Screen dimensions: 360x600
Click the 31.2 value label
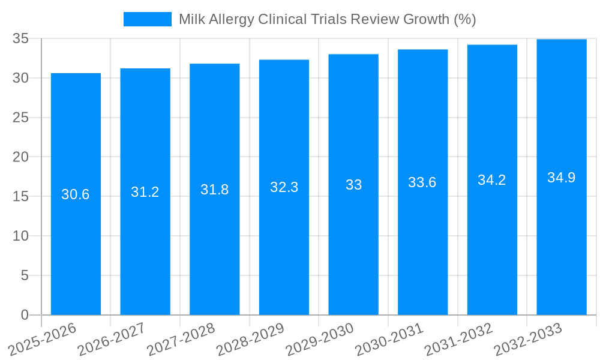(x=145, y=192)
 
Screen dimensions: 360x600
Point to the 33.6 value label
(x=422, y=182)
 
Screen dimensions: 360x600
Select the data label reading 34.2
(x=492, y=180)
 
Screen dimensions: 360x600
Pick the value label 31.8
(x=215, y=190)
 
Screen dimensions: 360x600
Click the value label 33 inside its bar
(x=353, y=185)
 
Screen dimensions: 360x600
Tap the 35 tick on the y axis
(x=21, y=38)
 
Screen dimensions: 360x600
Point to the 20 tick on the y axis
(x=21, y=157)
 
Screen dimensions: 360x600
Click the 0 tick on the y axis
(x=25, y=315)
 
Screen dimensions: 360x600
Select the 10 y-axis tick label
(x=21, y=236)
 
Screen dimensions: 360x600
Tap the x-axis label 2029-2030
(x=320, y=339)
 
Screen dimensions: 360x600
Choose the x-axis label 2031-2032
(x=458, y=339)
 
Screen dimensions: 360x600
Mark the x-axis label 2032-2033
(x=528, y=339)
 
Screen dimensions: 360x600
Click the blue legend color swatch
(x=147, y=19)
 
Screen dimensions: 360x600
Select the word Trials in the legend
(x=329, y=19)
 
